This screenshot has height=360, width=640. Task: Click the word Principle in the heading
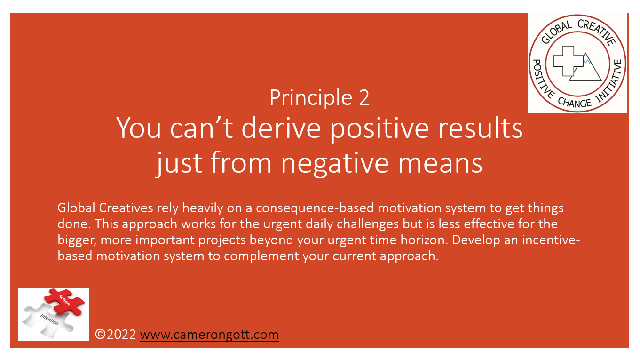[x=304, y=97]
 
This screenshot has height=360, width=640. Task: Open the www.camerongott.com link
[x=209, y=335]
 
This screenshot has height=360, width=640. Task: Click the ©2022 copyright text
[x=116, y=335]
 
